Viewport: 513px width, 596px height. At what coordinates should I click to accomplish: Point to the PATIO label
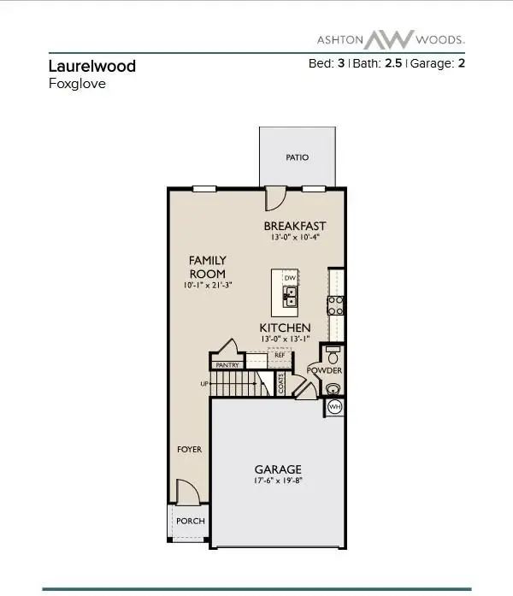tap(297, 157)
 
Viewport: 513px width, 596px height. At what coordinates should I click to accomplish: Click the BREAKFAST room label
tap(295, 226)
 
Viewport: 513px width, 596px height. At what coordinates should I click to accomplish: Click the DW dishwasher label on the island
tap(290, 278)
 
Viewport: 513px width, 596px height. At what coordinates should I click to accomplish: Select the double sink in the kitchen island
tap(291, 296)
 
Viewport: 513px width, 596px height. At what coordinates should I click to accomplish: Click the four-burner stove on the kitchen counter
tap(337, 305)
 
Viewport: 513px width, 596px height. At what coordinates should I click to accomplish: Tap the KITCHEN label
tap(285, 328)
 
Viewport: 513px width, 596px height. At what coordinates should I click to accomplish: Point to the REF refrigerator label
tap(279, 355)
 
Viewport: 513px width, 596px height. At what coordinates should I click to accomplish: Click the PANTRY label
tap(227, 365)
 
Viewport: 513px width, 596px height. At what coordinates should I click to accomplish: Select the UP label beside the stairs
tap(204, 384)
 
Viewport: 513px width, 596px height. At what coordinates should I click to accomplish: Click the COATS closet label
tap(281, 385)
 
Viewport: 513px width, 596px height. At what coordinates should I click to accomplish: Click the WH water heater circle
tap(334, 408)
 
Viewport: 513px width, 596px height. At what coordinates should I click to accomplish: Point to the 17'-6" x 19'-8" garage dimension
tap(278, 482)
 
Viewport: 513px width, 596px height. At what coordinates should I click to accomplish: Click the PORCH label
tap(189, 521)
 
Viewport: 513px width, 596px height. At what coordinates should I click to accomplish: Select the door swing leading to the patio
tap(276, 198)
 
